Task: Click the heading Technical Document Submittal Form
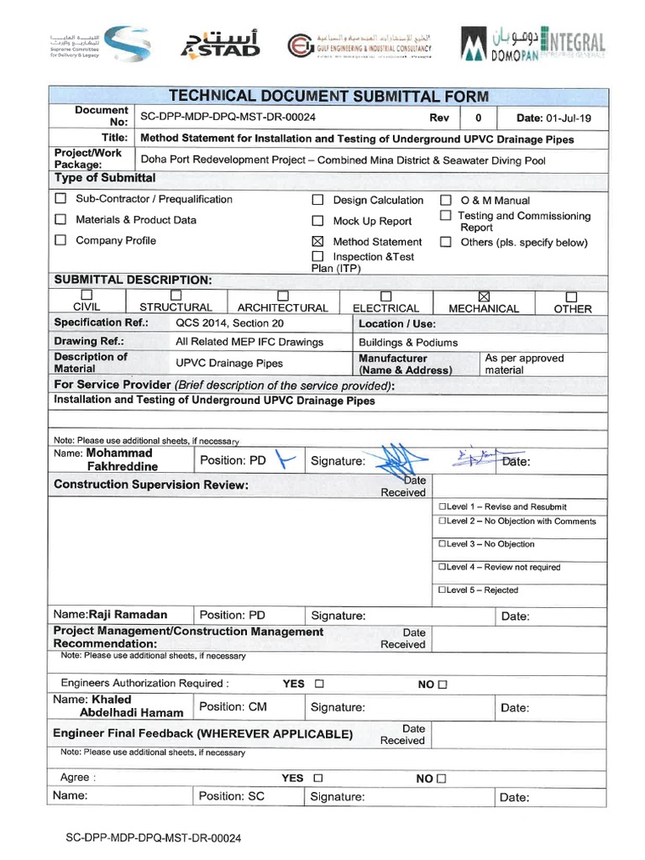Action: pyautogui.click(x=328, y=97)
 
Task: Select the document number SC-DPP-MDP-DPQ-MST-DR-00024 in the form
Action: pyautogui.click(x=228, y=118)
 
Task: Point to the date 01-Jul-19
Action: pyautogui.click(x=553, y=118)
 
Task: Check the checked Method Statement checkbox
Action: pyautogui.click(x=317, y=242)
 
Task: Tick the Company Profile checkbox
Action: pyautogui.click(x=60, y=240)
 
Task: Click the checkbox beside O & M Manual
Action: pyautogui.click(x=446, y=201)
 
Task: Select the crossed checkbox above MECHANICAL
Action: pyautogui.click(x=483, y=296)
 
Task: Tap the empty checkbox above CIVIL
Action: pyautogui.click(x=87, y=296)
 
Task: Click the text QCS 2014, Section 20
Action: pyautogui.click(x=229, y=322)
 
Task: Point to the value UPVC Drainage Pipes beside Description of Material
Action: pyautogui.click(x=229, y=364)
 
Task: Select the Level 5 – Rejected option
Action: pyautogui.click(x=442, y=590)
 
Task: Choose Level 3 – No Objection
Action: pyautogui.click(x=442, y=544)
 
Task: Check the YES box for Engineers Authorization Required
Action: pyautogui.click(x=319, y=684)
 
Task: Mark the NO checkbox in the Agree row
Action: pyautogui.click(x=442, y=779)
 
